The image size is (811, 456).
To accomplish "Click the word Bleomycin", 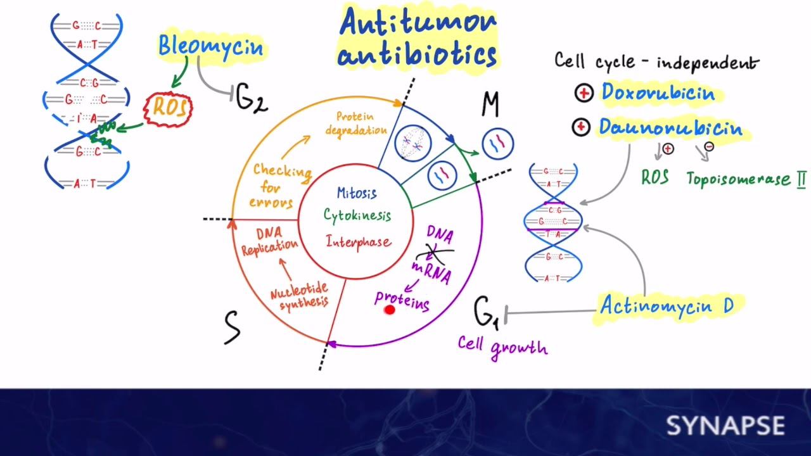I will click(x=210, y=46).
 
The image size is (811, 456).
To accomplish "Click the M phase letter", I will click(x=490, y=104).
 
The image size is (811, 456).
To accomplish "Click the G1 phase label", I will click(x=487, y=312).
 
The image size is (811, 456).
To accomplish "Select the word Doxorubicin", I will click(x=658, y=93).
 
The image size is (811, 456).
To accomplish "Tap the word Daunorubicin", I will click(x=670, y=128).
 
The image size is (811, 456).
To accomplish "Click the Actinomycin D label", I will click(x=666, y=307).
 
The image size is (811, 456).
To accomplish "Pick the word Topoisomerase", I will click(x=737, y=179).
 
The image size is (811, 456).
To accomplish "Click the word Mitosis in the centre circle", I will click(x=357, y=193).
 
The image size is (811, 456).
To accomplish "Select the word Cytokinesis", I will click(x=357, y=216).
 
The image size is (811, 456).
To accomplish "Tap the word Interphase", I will click(x=359, y=241).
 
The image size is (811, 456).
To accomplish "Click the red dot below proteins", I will click(x=390, y=309).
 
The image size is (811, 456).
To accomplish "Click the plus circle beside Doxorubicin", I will click(x=584, y=94).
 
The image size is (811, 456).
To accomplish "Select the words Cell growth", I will click(x=502, y=346).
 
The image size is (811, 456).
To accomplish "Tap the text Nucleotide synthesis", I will click(x=300, y=296).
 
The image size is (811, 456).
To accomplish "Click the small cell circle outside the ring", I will click(x=498, y=144).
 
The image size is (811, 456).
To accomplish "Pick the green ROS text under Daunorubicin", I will click(x=655, y=177).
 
